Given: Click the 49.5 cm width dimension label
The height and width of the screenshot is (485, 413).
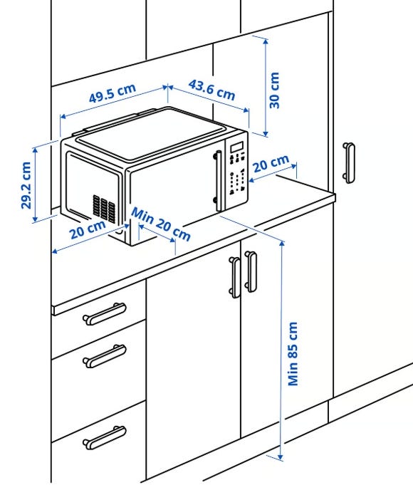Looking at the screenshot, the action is tap(113, 93).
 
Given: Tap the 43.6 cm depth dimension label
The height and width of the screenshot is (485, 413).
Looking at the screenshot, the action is tap(212, 90).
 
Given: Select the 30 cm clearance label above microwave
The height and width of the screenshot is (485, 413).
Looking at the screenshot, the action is tap(274, 90).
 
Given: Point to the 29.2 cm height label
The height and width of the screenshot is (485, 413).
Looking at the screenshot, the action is tap(26, 185).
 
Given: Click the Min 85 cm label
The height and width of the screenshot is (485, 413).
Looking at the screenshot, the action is tap(293, 354).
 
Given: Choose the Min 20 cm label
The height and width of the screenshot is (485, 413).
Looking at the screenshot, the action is tap(161, 224).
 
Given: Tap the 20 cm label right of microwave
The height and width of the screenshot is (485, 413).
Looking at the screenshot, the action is tap(271, 163).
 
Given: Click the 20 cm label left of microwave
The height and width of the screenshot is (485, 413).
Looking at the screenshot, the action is tap(88, 229).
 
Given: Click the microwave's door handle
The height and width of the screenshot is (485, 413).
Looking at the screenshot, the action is tap(219, 181).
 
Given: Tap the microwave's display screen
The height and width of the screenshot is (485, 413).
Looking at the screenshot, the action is tap(237, 147).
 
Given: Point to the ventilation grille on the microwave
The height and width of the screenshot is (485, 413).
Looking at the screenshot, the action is tap(104, 209).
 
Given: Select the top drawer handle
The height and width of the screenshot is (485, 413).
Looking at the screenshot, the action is tap(105, 313).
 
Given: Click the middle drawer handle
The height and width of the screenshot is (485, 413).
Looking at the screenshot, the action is tap(105, 356).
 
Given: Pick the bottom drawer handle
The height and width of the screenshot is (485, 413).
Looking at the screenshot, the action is tap(105, 437).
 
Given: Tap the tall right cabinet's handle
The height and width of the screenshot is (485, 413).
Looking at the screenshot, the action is tap(349, 162).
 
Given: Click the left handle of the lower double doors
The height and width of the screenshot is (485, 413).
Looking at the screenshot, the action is tap(235, 278).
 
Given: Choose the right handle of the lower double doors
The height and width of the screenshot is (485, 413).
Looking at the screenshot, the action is tap(251, 271).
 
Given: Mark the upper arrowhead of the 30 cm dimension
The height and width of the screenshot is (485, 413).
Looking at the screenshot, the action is tap(266, 41).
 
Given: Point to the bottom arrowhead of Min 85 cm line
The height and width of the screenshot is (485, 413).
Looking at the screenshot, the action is tap(281, 457).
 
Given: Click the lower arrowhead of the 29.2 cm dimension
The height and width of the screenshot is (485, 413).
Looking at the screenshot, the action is tap(36, 219).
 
